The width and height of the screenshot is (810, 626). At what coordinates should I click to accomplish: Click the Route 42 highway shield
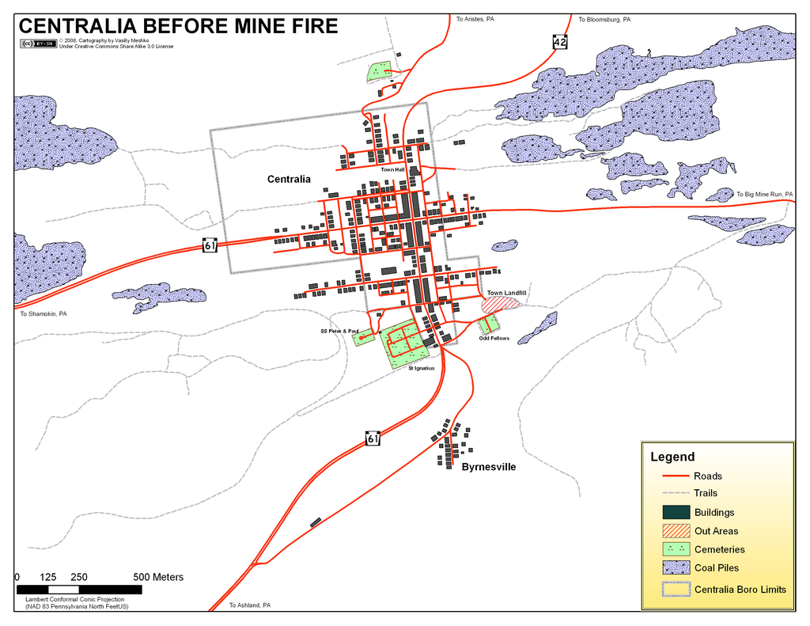coord(560,41)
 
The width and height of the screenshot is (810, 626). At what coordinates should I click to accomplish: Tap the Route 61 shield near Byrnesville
coord(373,438)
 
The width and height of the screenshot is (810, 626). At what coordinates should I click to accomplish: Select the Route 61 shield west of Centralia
coord(210,246)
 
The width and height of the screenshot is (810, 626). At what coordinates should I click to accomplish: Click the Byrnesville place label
coord(488,467)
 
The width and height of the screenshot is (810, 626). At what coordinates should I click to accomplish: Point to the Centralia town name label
coord(289,180)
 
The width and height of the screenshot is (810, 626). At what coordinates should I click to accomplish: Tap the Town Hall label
coord(392,169)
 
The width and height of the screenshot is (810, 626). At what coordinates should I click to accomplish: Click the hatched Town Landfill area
coord(502,303)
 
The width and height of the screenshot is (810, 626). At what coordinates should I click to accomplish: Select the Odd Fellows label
coord(494,338)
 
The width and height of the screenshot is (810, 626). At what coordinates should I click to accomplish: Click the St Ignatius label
coord(422,368)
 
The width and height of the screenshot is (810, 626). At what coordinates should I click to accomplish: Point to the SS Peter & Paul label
coord(339,331)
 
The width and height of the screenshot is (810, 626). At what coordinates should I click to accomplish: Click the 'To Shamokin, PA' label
coord(44,313)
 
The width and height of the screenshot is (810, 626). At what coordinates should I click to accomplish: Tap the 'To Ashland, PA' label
coord(250,605)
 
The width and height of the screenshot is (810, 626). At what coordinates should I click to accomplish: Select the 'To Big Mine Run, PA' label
coord(764,194)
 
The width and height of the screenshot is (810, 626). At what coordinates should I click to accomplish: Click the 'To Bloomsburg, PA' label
coord(604,19)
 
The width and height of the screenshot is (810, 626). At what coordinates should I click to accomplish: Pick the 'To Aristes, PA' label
coord(475,18)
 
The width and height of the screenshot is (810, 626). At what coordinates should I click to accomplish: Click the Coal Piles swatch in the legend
coord(676,567)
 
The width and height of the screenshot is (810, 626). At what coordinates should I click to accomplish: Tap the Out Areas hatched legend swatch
coord(676,530)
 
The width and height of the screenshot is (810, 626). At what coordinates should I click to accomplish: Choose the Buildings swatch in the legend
coord(676,512)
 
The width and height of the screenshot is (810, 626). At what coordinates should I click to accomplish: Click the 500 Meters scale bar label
coord(158,577)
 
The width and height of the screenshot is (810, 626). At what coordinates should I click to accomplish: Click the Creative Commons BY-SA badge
coord(38,44)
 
